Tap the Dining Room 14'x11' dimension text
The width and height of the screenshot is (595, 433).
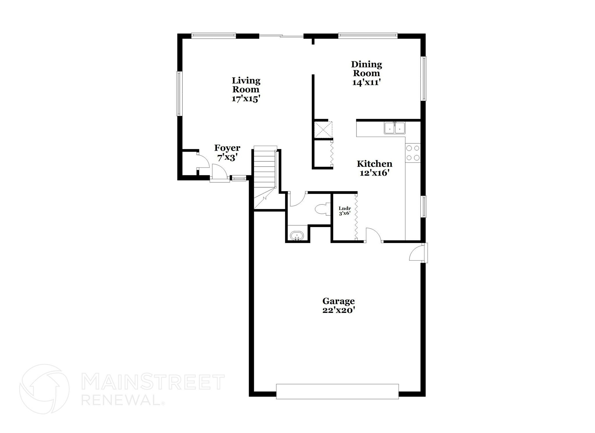[366, 83]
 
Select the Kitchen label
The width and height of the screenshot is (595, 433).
[374, 164]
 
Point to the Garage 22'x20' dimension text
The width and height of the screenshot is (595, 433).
[339, 310]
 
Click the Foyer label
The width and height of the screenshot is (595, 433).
[227, 148]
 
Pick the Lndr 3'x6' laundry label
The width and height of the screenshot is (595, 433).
[345, 211]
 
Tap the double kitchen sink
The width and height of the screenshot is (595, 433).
[395, 128]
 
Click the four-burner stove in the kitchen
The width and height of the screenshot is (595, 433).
[413, 153]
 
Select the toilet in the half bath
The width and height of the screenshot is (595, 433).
[322, 209]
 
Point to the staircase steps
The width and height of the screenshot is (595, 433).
[264, 169]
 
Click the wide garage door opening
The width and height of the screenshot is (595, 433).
[337, 391]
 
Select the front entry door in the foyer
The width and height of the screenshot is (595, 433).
[219, 173]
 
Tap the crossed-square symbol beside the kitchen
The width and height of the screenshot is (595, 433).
[323, 129]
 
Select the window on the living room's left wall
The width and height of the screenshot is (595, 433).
[180, 94]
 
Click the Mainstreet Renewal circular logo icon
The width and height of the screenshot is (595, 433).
[44, 389]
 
